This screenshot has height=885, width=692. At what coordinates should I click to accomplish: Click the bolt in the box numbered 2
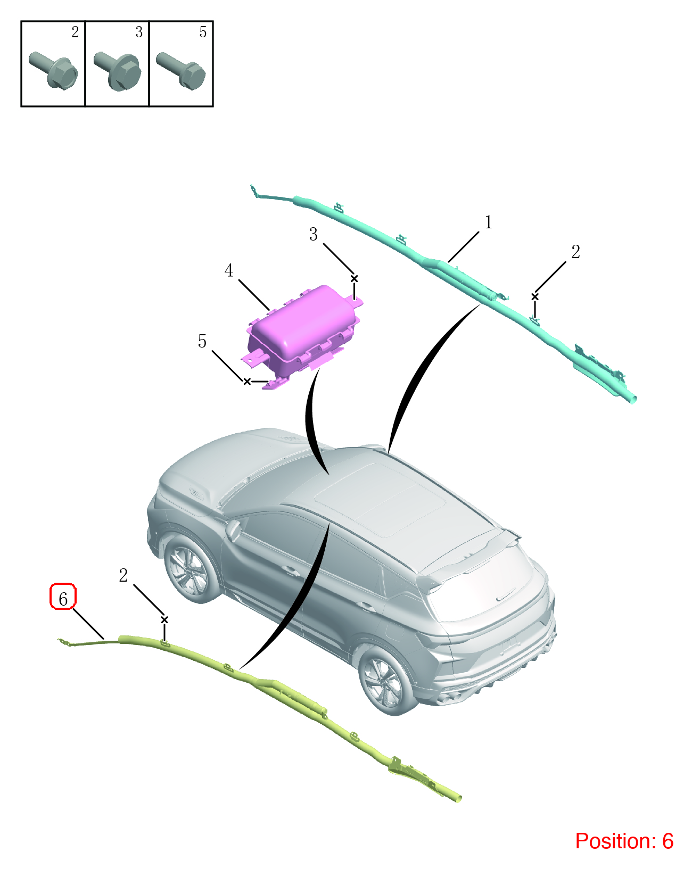pos(53,69)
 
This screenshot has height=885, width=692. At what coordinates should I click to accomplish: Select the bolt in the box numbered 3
pos(117,70)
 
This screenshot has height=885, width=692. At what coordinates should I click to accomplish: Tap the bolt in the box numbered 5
pos(181,70)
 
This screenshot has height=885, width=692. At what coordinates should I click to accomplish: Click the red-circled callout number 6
pos(63,599)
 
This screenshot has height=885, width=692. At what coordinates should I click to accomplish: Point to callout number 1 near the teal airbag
pos(488,222)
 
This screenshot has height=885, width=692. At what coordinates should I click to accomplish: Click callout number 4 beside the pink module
pos(229,270)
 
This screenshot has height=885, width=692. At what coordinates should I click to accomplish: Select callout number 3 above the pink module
pos(313,234)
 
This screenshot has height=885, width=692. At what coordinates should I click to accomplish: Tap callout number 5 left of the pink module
pos(202,341)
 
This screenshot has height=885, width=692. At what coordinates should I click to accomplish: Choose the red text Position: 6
pos(624,841)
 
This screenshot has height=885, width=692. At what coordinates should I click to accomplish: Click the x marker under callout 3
pos(354,278)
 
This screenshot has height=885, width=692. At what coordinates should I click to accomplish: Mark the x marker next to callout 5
pos(247,382)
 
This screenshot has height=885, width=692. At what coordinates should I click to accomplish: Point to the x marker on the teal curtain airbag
pos(535,297)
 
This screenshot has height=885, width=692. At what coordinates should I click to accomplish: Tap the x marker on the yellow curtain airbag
pos(164,620)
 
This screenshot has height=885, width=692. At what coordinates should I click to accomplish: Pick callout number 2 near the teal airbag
pos(575,252)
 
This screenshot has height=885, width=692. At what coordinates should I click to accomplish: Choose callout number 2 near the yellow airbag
pos(123,575)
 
